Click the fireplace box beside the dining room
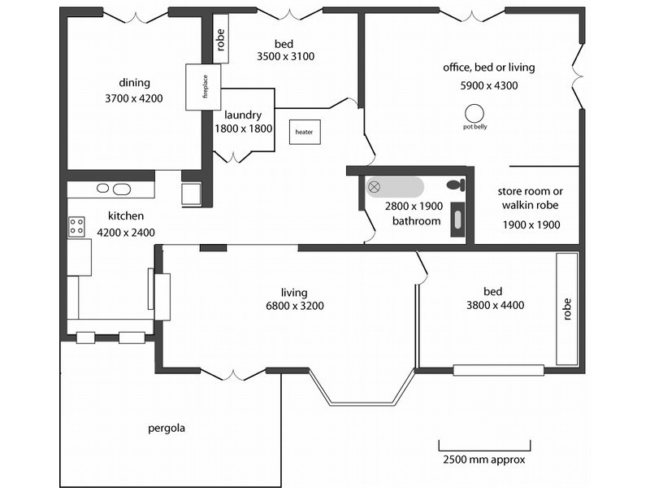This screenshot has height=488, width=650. tap(198, 87)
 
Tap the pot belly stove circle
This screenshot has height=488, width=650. tap(474, 113)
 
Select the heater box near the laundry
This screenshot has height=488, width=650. tap(305, 132)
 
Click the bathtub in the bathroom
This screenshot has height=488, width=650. tap(394, 187)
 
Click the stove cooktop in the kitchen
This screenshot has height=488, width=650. tap(76, 227)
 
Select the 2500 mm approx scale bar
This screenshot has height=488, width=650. tap(484, 445)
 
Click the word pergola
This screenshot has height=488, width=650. tap(167, 428)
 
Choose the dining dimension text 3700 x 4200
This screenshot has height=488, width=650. tap(134, 98)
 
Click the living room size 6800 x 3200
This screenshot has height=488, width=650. tap(294, 307)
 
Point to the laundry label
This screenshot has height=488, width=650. tap(242, 115)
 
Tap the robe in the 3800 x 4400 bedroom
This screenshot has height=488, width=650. tap(566, 309)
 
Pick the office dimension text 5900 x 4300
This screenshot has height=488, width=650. tap(488, 85)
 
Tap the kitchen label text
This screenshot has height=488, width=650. tap(126, 216)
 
